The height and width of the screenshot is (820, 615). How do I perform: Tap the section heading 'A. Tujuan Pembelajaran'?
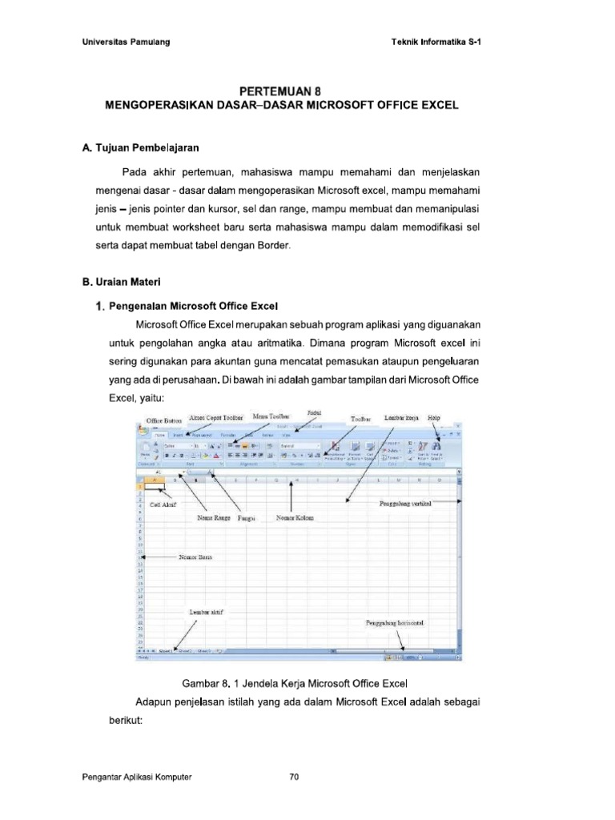[x=140, y=148]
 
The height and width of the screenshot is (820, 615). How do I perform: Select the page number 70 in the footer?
[x=294, y=777]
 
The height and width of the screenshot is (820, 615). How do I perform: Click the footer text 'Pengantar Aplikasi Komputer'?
[x=137, y=777]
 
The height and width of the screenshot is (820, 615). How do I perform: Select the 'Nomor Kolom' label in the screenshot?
[x=294, y=518]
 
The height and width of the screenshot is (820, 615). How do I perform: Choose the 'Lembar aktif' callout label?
[x=206, y=612]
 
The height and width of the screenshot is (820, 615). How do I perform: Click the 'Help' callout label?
[x=434, y=417]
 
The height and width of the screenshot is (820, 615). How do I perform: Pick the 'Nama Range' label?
[x=214, y=518]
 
